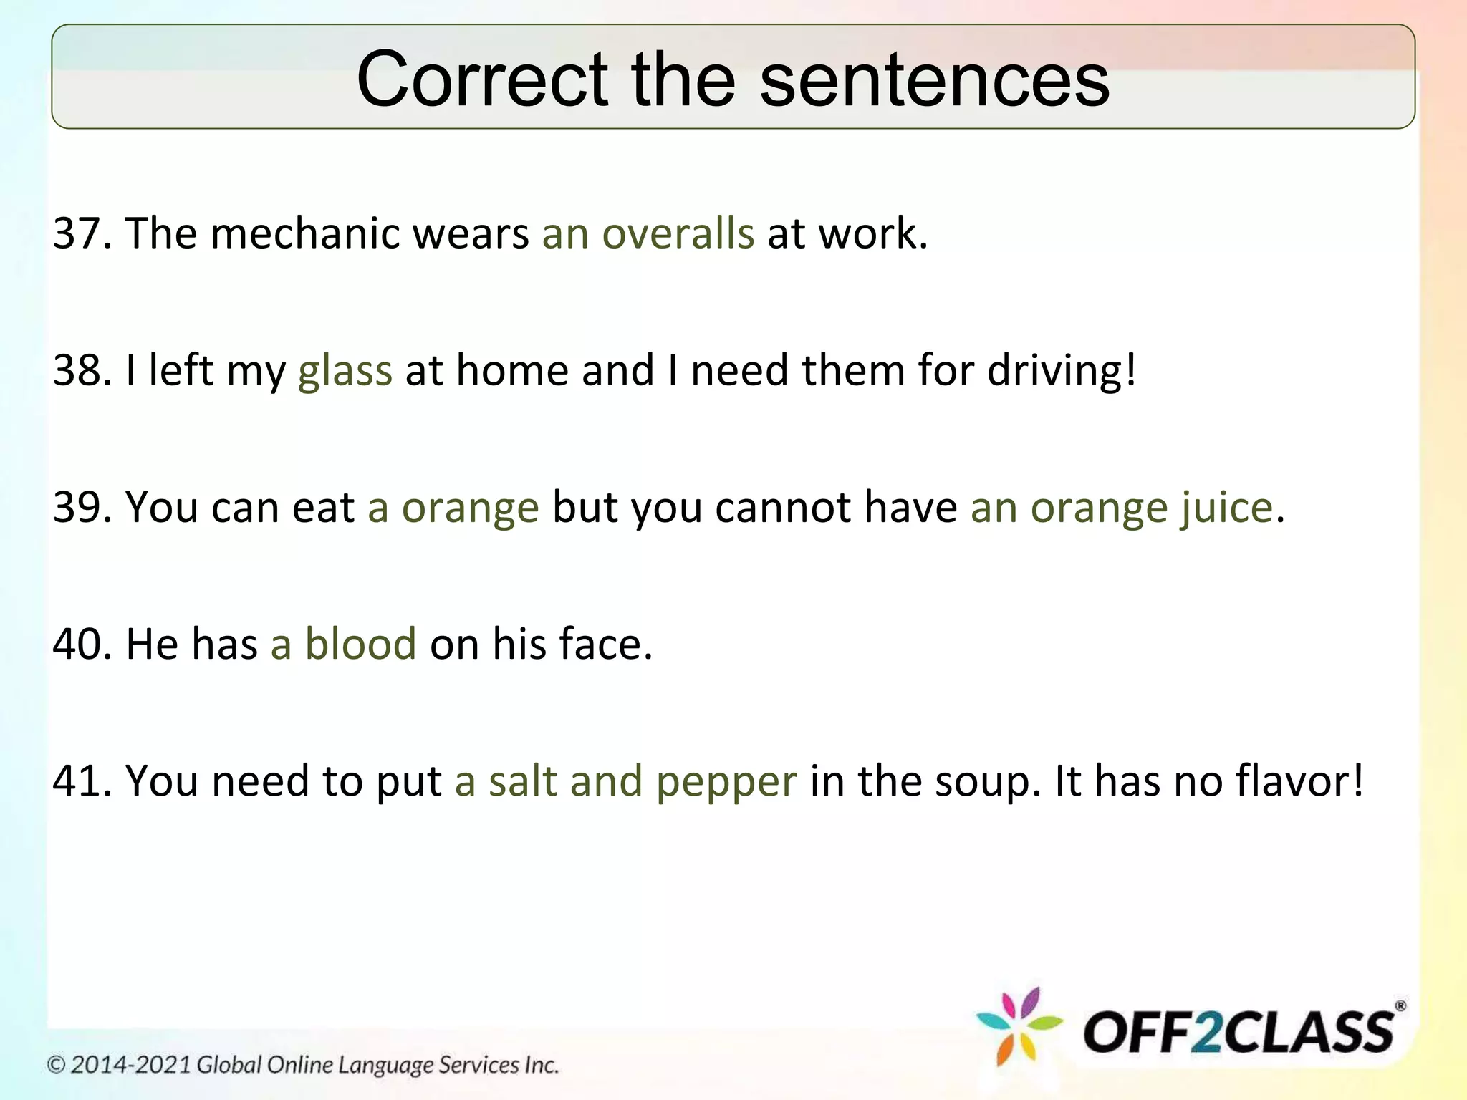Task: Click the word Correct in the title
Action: (x=482, y=79)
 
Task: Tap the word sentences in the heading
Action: (x=934, y=79)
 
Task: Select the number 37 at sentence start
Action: (x=77, y=233)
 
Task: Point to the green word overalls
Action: (x=678, y=233)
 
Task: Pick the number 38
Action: (x=77, y=370)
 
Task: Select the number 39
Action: (x=77, y=507)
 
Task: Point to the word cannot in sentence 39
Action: (x=783, y=507)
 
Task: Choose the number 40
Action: (x=77, y=644)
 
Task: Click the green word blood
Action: (x=360, y=644)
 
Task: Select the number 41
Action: (x=77, y=781)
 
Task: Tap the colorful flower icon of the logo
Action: (x=1019, y=1026)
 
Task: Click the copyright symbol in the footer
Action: (x=57, y=1065)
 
